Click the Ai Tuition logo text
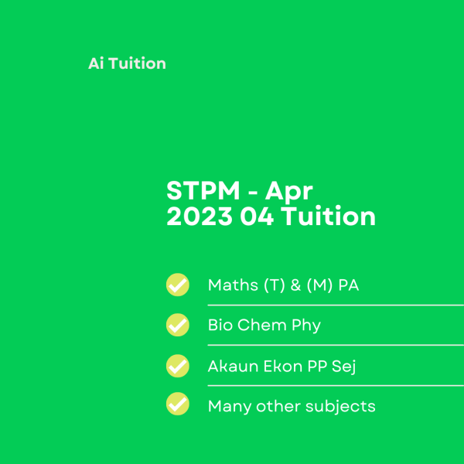pyautogui.click(x=127, y=63)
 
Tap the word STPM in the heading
pyautogui.click(x=203, y=190)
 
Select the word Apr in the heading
pyautogui.click(x=288, y=192)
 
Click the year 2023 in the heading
pyautogui.click(x=200, y=217)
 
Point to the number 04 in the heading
pyautogui.click(x=257, y=217)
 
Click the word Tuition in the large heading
pyautogui.click(x=328, y=216)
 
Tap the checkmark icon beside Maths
pyautogui.click(x=178, y=285)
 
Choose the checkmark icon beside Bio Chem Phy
pyautogui.click(x=178, y=325)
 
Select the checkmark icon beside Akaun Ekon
pyautogui.click(x=178, y=366)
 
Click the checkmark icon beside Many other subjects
pyautogui.click(x=178, y=404)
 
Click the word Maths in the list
pyautogui.click(x=233, y=285)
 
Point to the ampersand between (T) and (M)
pyautogui.click(x=295, y=285)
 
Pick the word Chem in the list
pyautogui.click(x=262, y=325)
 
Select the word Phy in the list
pyautogui.click(x=306, y=326)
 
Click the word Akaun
pyautogui.click(x=234, y=366)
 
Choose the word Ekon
pyautogui.click(x=283, y=366)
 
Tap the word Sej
pyautogui.click(x=344, y=367)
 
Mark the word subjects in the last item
pyautogui.click(x=340, y=407)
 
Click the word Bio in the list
pyautogui.click(x=220, y=325)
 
